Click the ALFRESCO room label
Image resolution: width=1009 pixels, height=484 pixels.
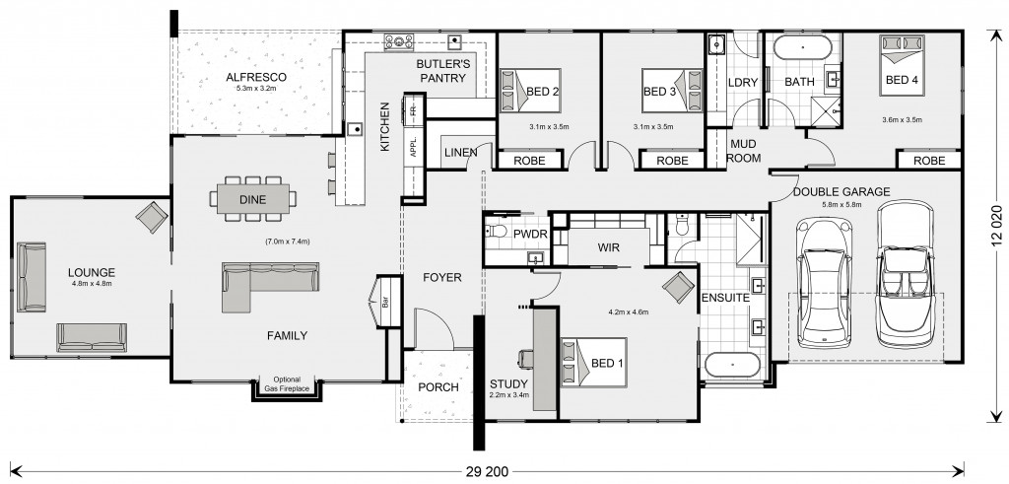256,77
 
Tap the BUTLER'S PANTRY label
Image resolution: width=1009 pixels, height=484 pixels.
442,71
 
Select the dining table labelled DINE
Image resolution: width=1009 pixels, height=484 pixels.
253,199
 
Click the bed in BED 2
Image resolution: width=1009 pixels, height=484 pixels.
530,91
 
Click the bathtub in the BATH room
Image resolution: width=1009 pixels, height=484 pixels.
802,47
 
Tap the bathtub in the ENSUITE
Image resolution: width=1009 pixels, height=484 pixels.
733,365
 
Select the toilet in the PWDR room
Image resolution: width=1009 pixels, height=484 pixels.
497,232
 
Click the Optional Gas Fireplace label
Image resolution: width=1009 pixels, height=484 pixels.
287,384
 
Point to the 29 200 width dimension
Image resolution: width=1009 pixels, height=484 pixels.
486,471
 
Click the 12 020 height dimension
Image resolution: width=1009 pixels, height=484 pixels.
997,226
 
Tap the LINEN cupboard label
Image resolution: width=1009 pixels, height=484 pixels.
461,153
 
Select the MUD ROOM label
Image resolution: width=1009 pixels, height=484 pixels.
743,151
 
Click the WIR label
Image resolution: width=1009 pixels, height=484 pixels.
608,247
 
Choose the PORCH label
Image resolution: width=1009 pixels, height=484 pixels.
438,387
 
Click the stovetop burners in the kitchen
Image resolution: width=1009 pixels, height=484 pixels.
399,41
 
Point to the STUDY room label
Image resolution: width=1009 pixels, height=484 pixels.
509,384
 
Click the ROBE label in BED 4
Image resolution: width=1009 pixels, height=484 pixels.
929,161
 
